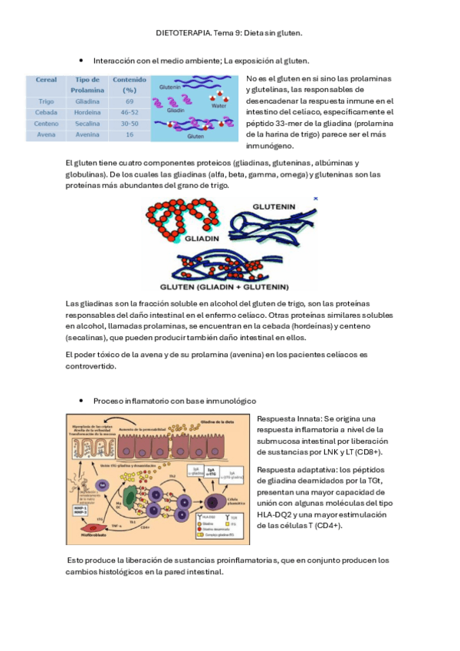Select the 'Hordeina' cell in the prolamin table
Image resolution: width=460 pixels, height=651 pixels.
[88, 112]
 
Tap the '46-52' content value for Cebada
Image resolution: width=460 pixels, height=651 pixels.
[130, 112]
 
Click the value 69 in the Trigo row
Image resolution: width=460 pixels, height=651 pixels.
[130, 101]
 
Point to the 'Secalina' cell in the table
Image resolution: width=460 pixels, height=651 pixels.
[88, 124]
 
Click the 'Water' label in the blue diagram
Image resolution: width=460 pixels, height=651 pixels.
[219, 106]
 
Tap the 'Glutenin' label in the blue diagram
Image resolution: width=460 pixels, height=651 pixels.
[170, 88]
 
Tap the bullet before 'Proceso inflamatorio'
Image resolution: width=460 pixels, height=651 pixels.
[80, 402]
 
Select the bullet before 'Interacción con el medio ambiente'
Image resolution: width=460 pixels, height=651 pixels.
[80, 60]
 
